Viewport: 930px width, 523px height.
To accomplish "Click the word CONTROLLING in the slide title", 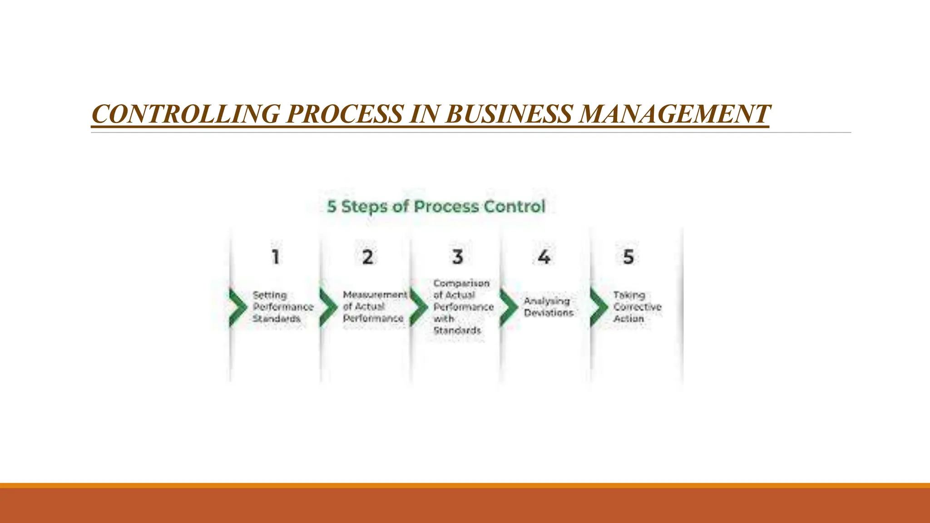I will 186,113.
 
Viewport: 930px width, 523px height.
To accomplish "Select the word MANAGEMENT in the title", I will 674,113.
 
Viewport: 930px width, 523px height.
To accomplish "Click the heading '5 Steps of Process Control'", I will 436,207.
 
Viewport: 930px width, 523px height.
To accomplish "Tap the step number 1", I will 276,257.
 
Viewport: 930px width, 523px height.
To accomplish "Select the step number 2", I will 367,257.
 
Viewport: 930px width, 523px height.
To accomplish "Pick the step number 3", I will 458,257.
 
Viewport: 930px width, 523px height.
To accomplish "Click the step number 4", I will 544,257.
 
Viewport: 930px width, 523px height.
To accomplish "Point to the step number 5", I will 628,257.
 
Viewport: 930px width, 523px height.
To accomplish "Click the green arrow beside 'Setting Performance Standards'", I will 237,307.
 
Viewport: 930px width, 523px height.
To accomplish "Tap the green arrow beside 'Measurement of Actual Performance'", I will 328,307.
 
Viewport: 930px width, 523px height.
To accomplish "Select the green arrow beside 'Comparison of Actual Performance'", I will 419,307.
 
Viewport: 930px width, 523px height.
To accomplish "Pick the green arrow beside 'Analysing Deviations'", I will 509,307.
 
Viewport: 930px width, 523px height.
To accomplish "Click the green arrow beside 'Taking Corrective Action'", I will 599,307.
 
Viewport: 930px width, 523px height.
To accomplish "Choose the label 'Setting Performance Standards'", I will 282,307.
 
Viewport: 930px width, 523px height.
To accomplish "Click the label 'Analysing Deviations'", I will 549,307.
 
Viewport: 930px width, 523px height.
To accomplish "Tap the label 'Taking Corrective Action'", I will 637,307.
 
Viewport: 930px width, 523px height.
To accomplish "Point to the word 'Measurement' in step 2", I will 375,295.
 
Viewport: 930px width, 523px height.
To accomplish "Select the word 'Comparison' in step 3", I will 461,283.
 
